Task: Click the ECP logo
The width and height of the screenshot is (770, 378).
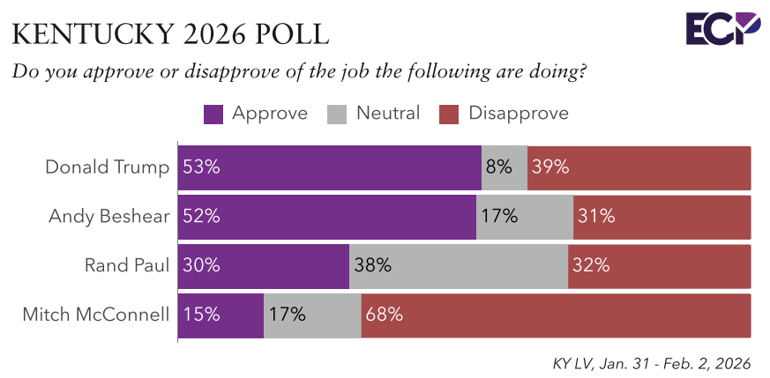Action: click(722, 28)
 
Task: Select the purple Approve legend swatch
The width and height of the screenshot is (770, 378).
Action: click(213, 114)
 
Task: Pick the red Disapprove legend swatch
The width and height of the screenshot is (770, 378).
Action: click(450, 114)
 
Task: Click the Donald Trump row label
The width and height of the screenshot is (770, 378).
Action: click(108, 167)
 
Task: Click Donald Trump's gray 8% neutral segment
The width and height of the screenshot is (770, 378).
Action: click(505, 167)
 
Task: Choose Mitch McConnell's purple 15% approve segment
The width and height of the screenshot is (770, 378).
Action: click(221, 315)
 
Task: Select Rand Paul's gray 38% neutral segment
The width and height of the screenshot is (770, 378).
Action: click(459, 266)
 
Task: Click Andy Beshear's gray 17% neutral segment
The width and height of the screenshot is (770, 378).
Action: click(525, 217)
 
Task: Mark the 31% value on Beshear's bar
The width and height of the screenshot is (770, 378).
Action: click(594, 217)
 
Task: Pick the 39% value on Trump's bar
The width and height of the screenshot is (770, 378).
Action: click(549, 167)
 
